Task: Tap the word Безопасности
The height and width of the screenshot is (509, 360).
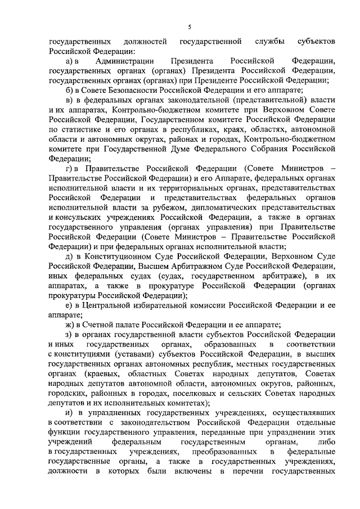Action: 128,90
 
